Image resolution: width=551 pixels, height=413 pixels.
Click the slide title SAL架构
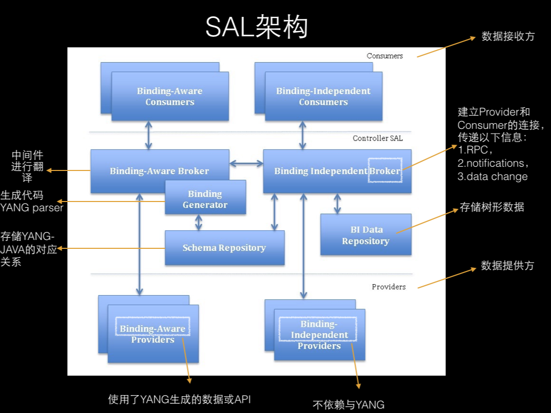coord(257,27)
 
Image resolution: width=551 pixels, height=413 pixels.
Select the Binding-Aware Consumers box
coord(170,96)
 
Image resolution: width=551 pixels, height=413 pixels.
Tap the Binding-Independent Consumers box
coord(323,96)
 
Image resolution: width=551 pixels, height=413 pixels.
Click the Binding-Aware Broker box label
coord(159,171)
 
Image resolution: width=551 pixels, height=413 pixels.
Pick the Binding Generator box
coord(205,199)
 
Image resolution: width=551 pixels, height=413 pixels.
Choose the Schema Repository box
coord(224,248)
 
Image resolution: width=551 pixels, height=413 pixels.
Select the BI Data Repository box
coord(366,235)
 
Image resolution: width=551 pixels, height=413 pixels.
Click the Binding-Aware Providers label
coord(153,334)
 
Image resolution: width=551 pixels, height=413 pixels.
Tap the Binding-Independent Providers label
coord(319,335)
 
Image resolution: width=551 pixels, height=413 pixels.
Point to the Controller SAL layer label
coord(377,138)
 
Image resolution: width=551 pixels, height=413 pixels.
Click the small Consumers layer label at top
coord(385,56)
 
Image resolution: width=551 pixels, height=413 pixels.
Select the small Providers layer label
coord(389,287)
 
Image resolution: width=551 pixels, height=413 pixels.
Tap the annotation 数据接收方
coord(508,36)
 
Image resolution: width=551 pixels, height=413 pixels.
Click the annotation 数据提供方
coord(507,266)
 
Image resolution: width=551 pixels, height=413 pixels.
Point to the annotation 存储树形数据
coord(492,207)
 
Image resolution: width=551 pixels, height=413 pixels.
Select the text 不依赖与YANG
coord(349,405)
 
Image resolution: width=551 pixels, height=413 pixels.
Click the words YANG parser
coord(32,208)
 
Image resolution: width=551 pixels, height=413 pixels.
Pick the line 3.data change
coord(492,177)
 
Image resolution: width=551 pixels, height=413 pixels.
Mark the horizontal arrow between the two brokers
coord(246,164)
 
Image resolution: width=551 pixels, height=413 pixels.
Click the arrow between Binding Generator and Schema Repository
coord(199,222)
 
